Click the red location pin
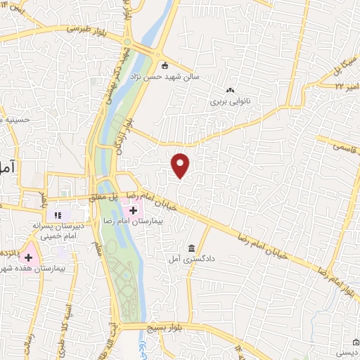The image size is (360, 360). pyautogui.click(x=181, y=165)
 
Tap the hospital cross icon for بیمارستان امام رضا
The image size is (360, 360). pyautogui.click(x=133, y=210)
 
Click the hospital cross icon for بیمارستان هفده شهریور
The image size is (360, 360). pyautogui.click(x=29, y=258)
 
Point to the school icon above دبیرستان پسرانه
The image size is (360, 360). pyautogui.click(x=58, y=215)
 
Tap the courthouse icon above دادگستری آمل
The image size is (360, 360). pyautogui.click(x=191, y=248)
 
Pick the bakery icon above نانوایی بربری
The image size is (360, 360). pyautogui.click(x=229, y=90)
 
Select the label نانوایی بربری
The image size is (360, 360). pyautogui.click(x=230, y=101)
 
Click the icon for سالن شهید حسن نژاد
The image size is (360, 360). pyautogui.click(x=165, y=67)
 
